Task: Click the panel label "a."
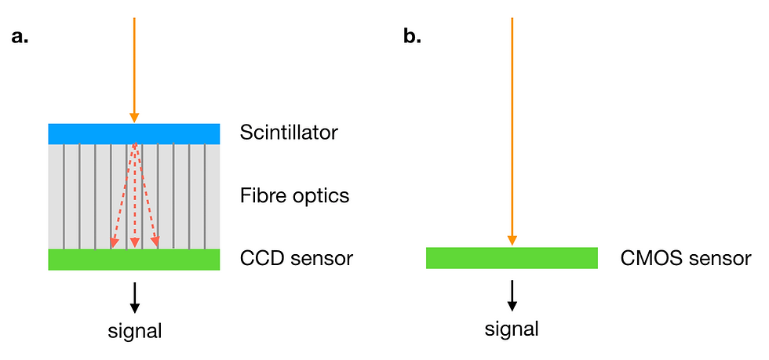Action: coord(20,37)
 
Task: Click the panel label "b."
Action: coord(413,37)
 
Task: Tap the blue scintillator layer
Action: coord(134,134)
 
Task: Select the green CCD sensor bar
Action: coord(134,260)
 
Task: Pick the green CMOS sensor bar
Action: coord(512,258)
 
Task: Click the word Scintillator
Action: coord(289,133)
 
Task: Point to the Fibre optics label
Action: coord(294,196)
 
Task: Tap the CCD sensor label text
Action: coord(297,258)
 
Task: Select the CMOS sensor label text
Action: coord(686,258)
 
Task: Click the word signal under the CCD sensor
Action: coord(134,331)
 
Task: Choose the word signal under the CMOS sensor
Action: coord(512,329)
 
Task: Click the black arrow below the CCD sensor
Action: coord(134,297)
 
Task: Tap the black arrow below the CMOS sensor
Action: coord(512,295)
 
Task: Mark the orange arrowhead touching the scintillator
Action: coord(134,118)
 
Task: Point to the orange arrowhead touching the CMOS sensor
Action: coord(512,241)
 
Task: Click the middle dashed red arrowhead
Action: coord(134,243)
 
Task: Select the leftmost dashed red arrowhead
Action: coord(115,242)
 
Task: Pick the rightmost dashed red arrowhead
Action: coord(155,242)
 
